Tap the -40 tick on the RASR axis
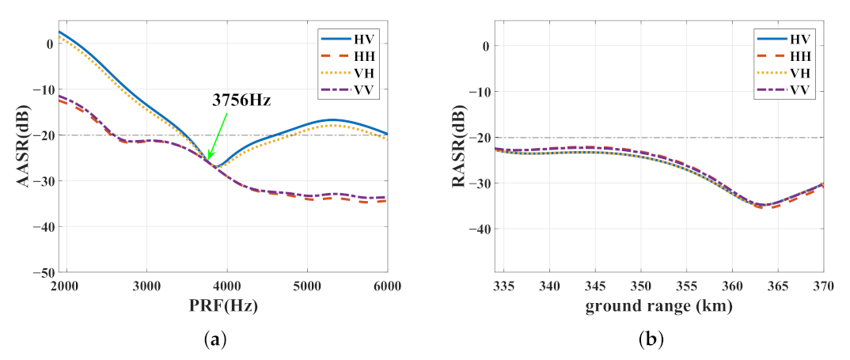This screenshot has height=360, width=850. (x=478, y=229)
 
